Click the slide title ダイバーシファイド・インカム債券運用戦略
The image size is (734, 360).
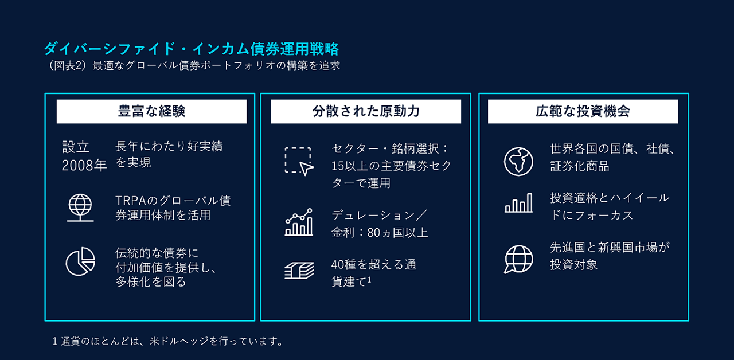192,49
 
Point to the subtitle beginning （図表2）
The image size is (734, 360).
193,65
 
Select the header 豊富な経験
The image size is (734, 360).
152,111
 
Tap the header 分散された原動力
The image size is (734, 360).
366,111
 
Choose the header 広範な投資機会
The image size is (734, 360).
583,111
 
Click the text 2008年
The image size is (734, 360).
84,166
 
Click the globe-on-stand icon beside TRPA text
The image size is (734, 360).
80,208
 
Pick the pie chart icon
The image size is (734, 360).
80,261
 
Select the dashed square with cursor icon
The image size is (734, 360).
299,162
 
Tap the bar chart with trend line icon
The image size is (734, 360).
299,222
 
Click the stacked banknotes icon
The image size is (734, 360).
299,271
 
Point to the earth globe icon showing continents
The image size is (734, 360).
518,162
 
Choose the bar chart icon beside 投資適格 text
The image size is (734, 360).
518,203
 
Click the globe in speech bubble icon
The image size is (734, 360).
518,259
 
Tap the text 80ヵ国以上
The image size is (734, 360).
397,233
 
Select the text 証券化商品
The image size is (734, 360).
579,166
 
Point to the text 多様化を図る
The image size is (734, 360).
151,281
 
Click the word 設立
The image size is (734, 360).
76,147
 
